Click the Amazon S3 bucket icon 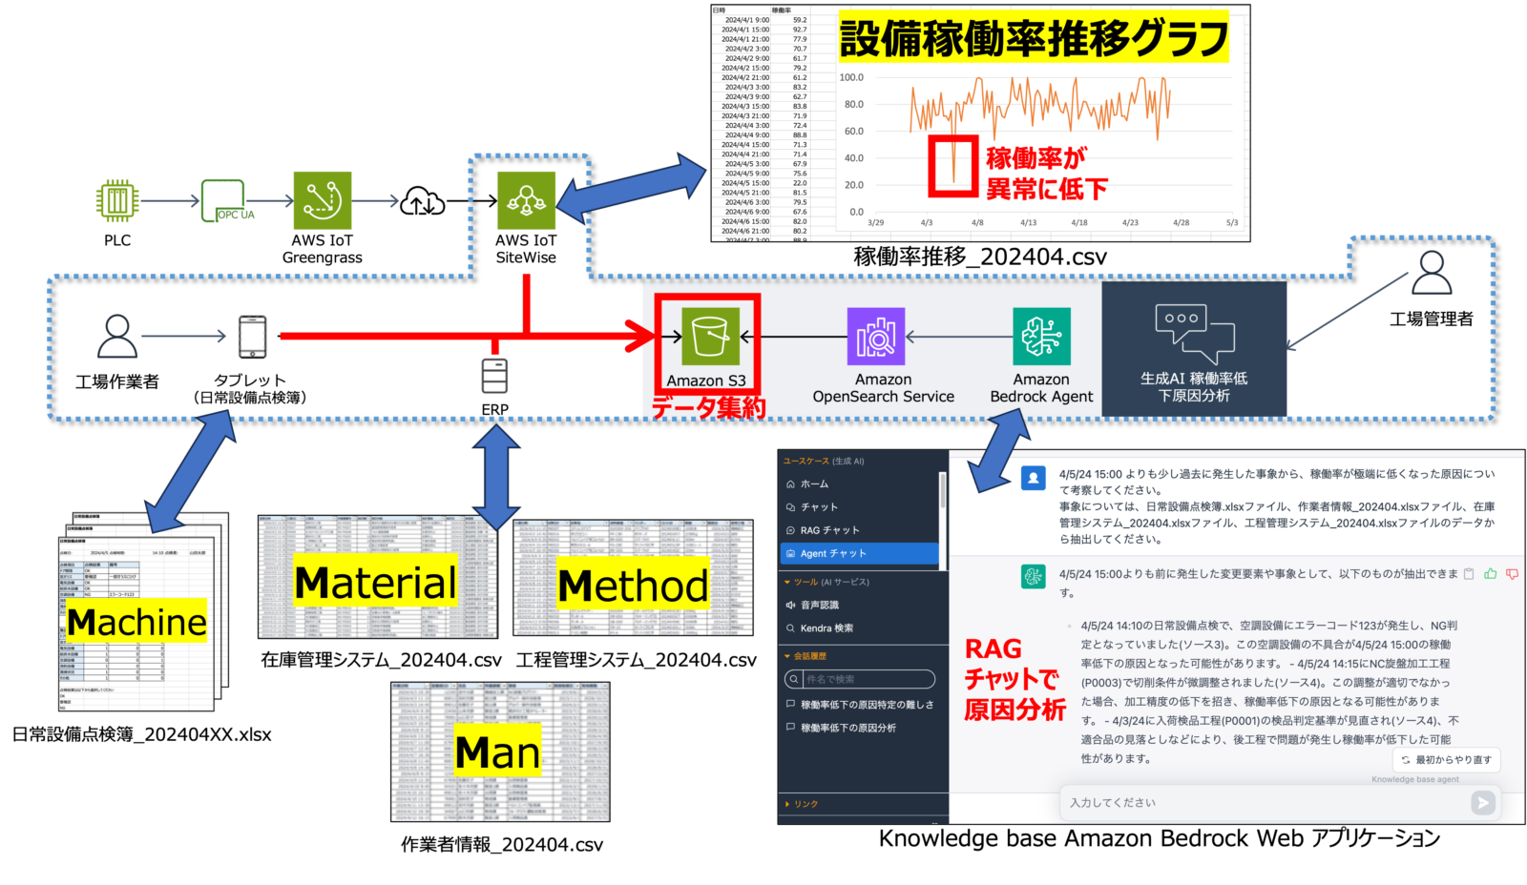pyautogui.click(x=710, y=337)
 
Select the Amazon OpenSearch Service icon pyautogui.click(x=876, y=336)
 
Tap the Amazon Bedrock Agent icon pyautogui.click(x=1041, y=336)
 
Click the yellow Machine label pyautogui.click(x=136, y=622)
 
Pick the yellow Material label pyautogui.click(x=375, y=583)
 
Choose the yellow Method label pyautogui.click(x=633, y=586)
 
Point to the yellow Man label pyautogui.click(x=497, y=752)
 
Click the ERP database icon pyautogui.click(x=494, y=376)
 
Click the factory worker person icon pyautogui.click(x=117, y=336)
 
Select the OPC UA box pyautogui.click(x=223, y=200)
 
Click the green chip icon pyautogui.click(x=117, y=200)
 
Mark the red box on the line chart pyautogui.click(x=953, y=167)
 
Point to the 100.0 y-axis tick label pyautogui.click(x=851, y=77)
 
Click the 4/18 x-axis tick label pyautogui.click(x=1079, y=222)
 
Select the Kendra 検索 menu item pyautogui.click(x=826, y=628)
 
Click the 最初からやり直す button pyautogui.click(x=1446, y=759)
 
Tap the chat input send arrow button pyautogui.click(x=1483, y=803)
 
